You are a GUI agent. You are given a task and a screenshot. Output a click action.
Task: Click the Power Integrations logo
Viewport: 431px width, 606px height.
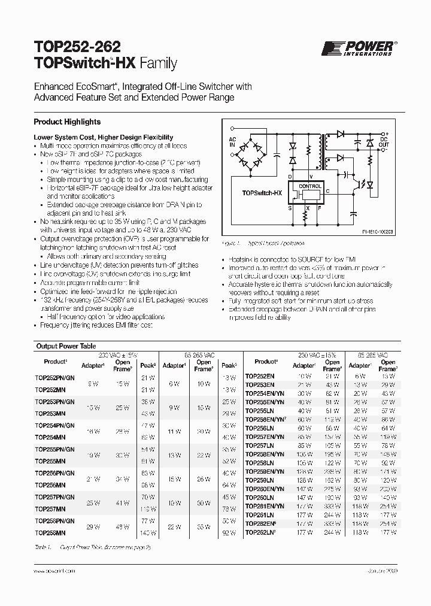click(359, 49)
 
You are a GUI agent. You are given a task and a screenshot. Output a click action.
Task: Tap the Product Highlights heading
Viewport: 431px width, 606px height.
click(67, 122)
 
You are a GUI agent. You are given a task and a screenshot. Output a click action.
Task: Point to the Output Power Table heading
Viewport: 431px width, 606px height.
click(66, 346)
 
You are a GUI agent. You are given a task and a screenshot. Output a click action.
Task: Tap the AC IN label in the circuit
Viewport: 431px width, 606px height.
click(232, 142)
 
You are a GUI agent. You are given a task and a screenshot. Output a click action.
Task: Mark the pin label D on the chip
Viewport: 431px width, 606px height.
click(290, 177)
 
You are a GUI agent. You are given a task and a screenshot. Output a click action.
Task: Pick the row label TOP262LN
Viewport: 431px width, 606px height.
click(260, 532)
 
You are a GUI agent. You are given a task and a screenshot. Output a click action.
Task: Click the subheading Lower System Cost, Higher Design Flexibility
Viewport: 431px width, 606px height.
click(103, 137)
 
